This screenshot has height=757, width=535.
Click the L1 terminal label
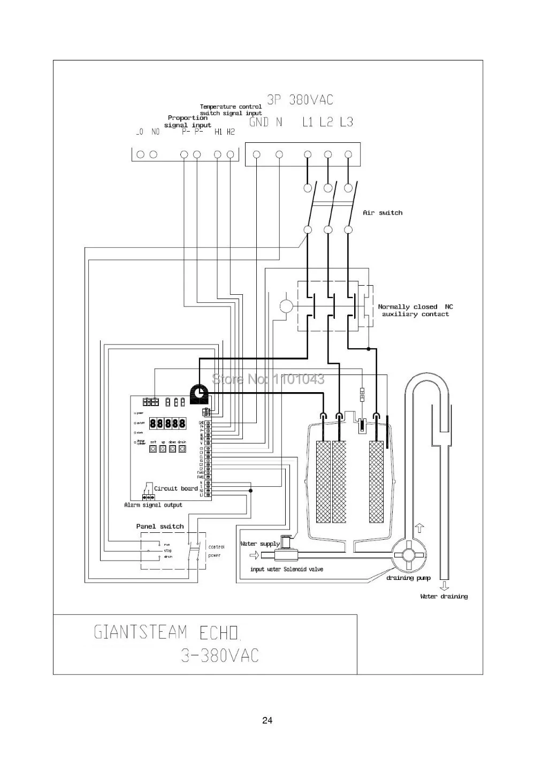pos(307,122)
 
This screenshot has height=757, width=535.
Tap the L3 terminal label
pos(347,122)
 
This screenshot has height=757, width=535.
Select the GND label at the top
pos(259,122)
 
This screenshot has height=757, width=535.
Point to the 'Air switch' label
pos(383,213)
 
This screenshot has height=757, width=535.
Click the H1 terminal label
pos(218,132)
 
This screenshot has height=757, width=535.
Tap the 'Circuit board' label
pos(175,488)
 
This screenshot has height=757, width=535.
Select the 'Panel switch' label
pos(159,526)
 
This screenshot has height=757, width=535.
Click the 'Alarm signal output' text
pos(153,505)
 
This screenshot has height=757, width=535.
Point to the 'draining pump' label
pos(408,578)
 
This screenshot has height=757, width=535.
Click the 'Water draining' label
pos(444,597)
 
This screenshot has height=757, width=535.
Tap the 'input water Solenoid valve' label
pos(286,569)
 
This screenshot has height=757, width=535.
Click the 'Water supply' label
pos(260,544)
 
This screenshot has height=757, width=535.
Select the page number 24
pos(267,720)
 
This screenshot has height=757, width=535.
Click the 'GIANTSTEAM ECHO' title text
pos(167,632)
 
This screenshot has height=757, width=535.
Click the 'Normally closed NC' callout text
pos(415,307)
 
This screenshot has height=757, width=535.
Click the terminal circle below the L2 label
pos(328,155)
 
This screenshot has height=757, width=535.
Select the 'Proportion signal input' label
pos(188,121)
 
